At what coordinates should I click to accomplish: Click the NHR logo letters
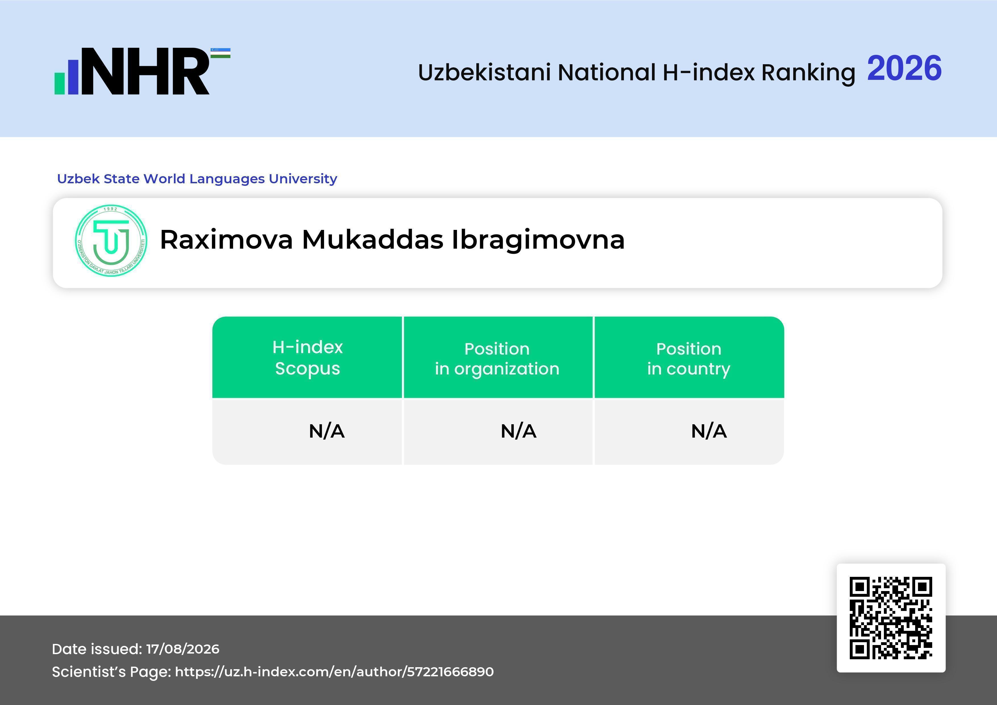click(146, 71)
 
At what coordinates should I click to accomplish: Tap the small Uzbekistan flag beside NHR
click(221, 53)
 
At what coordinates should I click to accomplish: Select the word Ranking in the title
click(808, 72)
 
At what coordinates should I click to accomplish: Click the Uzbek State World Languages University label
click(197, 178)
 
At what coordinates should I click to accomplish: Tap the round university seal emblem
click(111, 240)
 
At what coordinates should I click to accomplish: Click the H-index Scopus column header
click(308, 358)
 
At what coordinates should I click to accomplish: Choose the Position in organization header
click(497, 359)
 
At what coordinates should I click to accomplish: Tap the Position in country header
click(689, 359)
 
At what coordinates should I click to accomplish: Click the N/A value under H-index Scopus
click(327, 431)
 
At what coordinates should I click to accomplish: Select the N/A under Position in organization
click(518, 431)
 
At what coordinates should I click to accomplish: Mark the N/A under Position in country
click(709, 431)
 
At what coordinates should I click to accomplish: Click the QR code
click(891, 618)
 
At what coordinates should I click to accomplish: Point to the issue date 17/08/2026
click(183, 649)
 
